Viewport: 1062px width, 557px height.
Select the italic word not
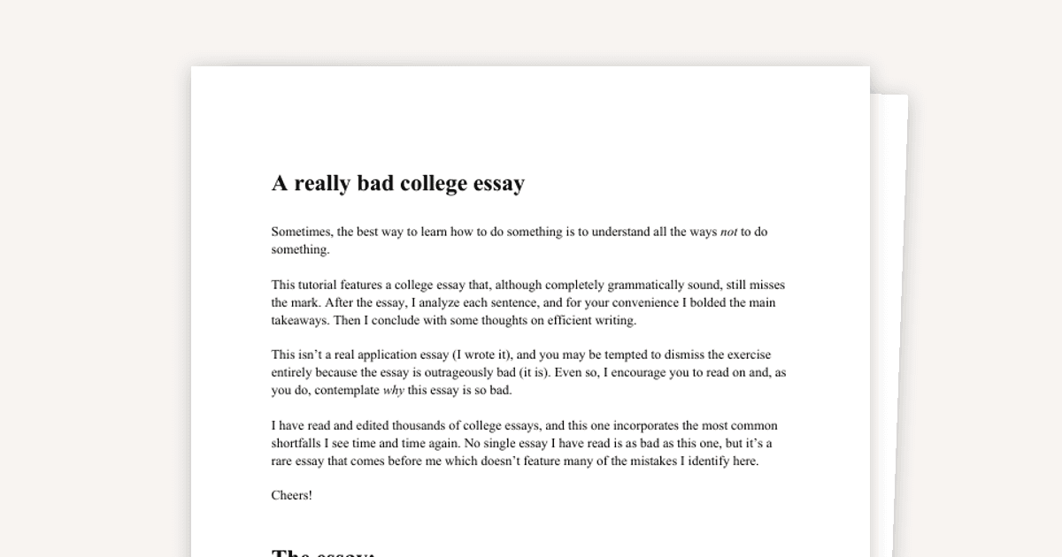(x=728, y=233)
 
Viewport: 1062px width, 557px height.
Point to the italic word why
(x=393, y=391)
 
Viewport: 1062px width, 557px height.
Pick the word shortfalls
(x=298, y=444)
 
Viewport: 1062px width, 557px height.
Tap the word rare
(x=283, y=462)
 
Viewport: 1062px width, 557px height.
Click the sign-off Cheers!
(x=291, y=496)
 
